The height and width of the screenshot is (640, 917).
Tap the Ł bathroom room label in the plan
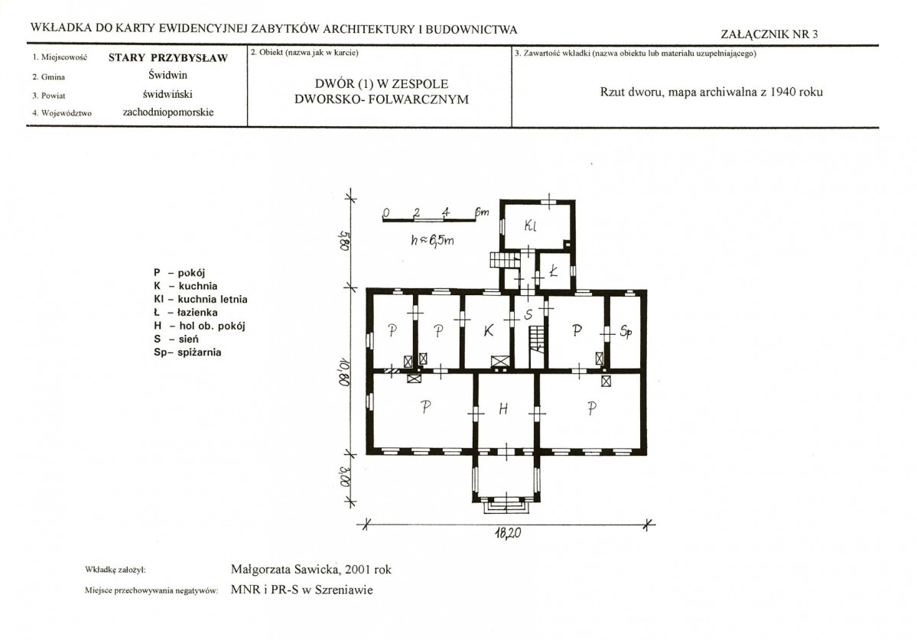553,271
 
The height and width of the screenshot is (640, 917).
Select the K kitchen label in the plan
488,331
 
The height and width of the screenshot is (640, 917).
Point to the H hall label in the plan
503,409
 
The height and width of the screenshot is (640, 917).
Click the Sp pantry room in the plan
626,332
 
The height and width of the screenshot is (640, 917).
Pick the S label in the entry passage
528,315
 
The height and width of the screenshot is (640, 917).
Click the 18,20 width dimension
508,533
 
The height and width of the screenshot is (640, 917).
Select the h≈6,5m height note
432,239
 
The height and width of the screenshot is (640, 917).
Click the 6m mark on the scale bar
482,212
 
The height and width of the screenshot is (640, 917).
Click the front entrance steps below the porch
506,506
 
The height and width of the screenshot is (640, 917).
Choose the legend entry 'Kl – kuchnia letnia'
200,299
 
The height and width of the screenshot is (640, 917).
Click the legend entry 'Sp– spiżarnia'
187,352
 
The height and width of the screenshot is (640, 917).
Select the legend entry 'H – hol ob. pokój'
200,326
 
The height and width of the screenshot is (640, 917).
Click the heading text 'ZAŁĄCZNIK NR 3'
769,34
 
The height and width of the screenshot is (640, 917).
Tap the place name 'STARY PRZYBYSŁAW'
167,57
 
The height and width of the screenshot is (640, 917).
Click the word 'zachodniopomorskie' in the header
168,112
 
